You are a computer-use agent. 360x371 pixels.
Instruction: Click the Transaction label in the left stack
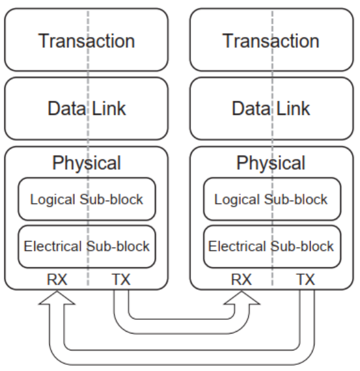point(87,41)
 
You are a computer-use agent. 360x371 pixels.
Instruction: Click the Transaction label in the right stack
point(271,41)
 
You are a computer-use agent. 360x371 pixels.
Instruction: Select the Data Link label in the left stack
point(87,109)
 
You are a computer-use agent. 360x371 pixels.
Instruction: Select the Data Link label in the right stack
point(271,109)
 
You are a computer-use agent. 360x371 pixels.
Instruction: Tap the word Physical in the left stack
point(87,164)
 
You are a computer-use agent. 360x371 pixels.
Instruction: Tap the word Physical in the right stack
point(271,164)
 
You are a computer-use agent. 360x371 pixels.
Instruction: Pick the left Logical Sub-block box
point(87,199)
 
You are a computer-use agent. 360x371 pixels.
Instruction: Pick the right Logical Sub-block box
point(272,199)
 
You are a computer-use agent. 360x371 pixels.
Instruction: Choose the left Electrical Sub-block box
point(87,247)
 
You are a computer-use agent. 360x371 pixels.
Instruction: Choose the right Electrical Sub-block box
point(272,247)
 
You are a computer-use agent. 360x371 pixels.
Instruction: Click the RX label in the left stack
point(57,279)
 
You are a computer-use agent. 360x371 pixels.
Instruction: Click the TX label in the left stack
point(121,279)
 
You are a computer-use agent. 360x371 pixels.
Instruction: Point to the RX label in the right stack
point(241,279)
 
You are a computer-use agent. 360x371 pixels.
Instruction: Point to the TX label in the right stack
point(305,279)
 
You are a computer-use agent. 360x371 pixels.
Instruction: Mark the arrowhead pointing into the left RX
point(57,298)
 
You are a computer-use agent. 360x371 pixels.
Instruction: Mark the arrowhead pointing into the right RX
point(242,298)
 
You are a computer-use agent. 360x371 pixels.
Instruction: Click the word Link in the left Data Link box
point(109,109)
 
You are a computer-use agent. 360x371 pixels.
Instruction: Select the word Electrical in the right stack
point(237,246)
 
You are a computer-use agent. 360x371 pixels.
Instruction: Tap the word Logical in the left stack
point(52,200)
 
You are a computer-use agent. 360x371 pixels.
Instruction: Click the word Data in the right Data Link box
point(251,109)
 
